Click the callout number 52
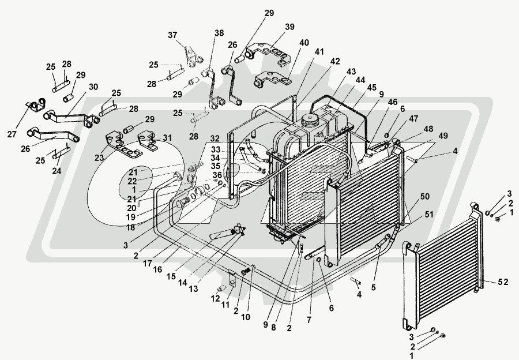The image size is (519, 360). click(503, 282)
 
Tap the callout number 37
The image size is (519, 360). click(172, 35)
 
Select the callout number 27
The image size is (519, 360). click(12, 134)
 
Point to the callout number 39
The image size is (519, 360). click(289, 27)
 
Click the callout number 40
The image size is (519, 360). click(304, 42)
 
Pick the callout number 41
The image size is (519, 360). click(319, 52)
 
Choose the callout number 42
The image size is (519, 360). click(335, 61)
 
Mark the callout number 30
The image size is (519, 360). click(93, 87)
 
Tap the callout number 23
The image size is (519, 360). click(99, 158)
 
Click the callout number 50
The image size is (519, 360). click(424, 196)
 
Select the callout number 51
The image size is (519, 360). click(428, 215)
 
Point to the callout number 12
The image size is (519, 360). click(215, 299)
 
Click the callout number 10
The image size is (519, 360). click(245, 317)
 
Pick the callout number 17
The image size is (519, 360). click(147, 263)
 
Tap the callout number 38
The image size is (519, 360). click(219, 33)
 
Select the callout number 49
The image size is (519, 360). click(443, 136)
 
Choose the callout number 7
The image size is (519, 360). click(309, 320)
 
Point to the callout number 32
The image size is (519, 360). click(215, 138)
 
